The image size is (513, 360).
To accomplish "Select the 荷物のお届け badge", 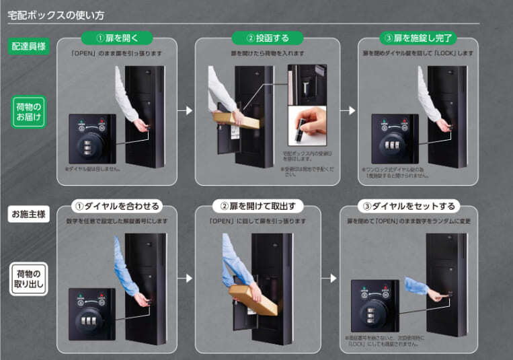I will click(x=29, y=112).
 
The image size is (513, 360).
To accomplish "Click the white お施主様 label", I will click(x=29, y=215).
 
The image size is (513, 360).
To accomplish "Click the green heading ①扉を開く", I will click(x=116, y=38).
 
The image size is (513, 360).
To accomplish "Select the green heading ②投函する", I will click(x=267, y=38).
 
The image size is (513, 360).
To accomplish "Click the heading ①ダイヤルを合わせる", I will click(x=117, y=206).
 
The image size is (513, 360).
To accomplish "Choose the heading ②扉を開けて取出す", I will click(x=267, y=206).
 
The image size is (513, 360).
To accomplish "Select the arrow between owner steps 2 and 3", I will click(x=329, y=277).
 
